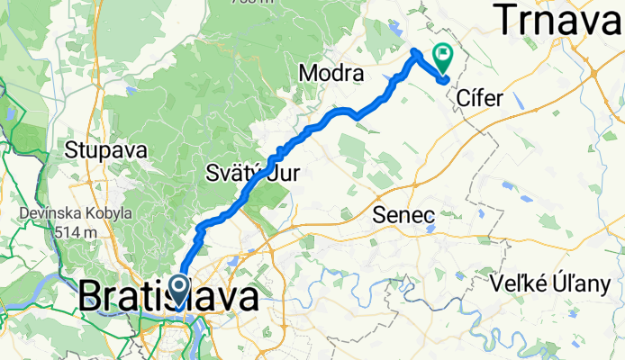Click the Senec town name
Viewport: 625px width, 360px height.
tap(405, 215)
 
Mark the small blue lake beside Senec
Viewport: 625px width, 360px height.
tap(430, 228)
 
